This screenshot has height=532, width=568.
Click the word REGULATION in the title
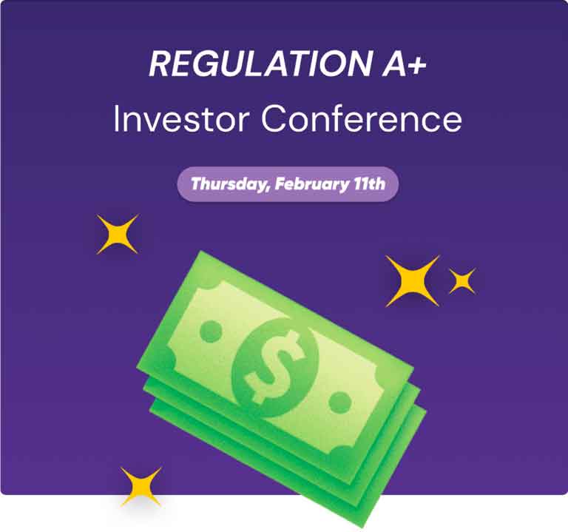click(260, 64)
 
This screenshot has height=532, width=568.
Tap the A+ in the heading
click(405, 64)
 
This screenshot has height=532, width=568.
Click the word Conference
click(362, 119)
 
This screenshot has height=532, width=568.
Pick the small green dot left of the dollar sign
click(212, 331)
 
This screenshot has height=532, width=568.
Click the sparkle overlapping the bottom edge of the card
click(141, 487)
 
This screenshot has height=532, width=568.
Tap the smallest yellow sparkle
click(461, 281)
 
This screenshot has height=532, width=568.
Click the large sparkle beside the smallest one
click(412, 281)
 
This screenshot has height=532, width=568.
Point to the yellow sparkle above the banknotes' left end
click(118, 234)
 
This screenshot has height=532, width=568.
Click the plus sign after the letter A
click(417, 66)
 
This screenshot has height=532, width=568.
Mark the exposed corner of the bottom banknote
click(362, 527)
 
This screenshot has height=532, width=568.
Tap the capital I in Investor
click(116, 119)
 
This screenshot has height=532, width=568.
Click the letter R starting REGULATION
click(160, 64)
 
